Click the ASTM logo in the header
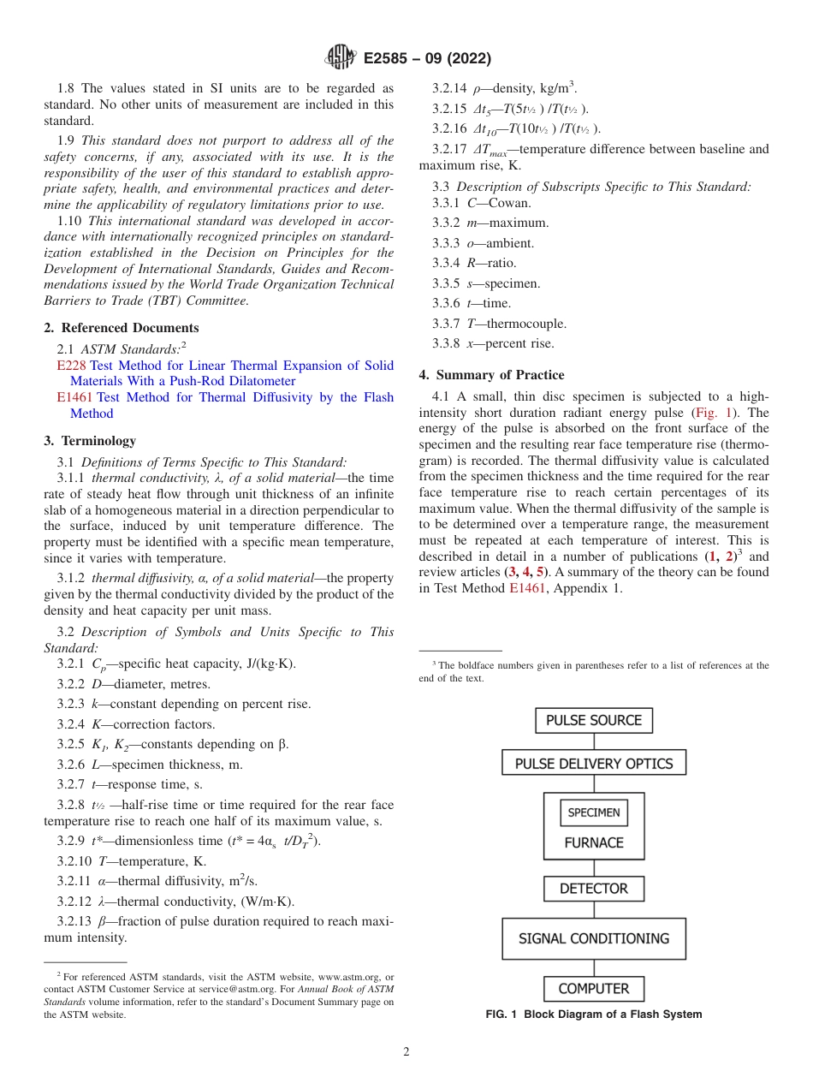(341, 58)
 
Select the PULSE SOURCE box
(594, 720)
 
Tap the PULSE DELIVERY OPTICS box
(594, 764)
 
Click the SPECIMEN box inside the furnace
(594, 813)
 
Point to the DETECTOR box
(594, 889)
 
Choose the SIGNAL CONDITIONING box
(594, 938)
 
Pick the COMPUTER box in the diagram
(594, 989)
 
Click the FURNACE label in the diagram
(594, 842)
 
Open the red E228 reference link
(68, 366)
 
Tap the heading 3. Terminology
(90, 441)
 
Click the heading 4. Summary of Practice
(491, 375)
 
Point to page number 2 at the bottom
(406, 1052)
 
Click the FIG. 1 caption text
(594, 1015)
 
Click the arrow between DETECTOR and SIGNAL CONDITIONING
(594, 910)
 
